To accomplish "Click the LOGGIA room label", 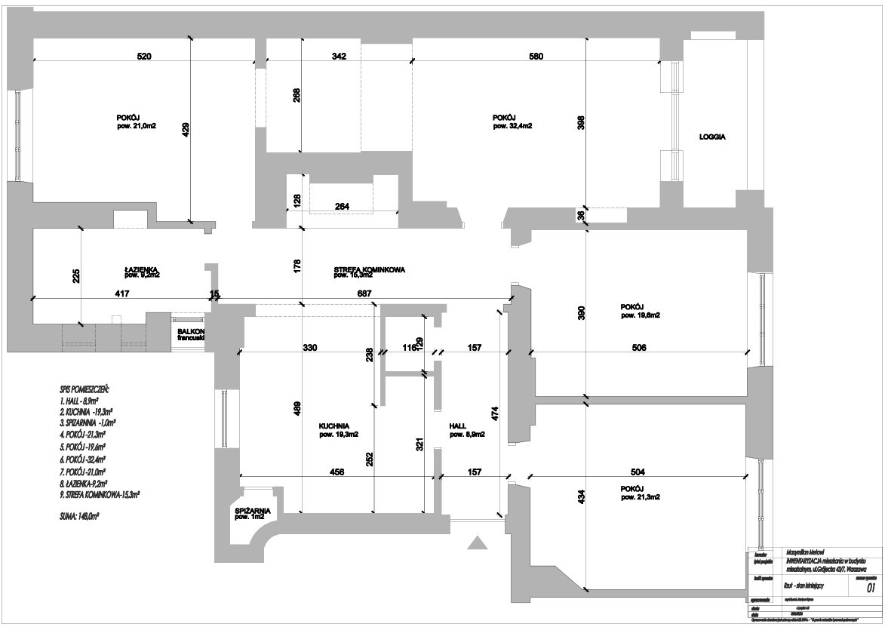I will pos(712,137).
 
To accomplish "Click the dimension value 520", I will pos(144,56).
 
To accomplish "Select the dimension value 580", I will pos(535,56).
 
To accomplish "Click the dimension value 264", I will pos(342,207).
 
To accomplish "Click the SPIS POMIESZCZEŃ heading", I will pos(84,389).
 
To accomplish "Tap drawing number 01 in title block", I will pos(871,588).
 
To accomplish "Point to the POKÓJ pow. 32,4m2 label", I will pos(512,122).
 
